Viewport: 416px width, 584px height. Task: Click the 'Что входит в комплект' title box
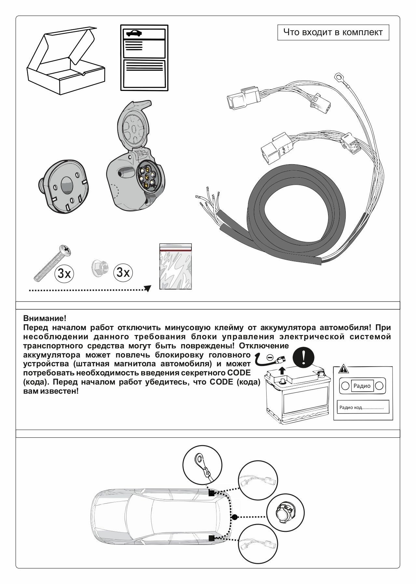pos(333,33)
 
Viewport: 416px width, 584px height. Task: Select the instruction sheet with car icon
pos(145,57)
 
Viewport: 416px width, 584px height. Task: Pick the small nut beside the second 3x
pos(98,269)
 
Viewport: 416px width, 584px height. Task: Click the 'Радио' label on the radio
pos(362,386)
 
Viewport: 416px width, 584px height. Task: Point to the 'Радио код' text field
pos(362,407)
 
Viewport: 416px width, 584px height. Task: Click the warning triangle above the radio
pos(343,370)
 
